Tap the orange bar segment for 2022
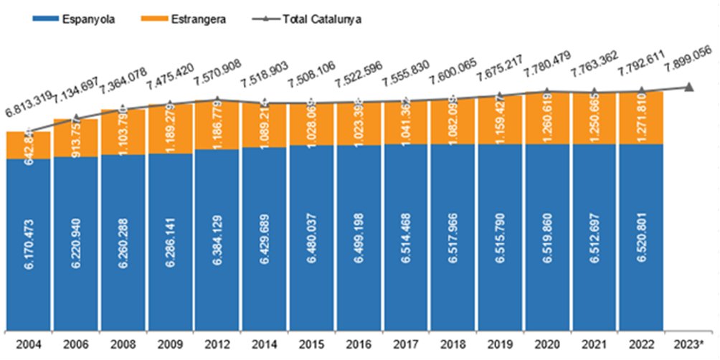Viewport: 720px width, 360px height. (x=642, y=118)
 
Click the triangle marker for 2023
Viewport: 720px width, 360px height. (x=688, y=87)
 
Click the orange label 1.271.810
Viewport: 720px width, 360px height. (x=643, y=119)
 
